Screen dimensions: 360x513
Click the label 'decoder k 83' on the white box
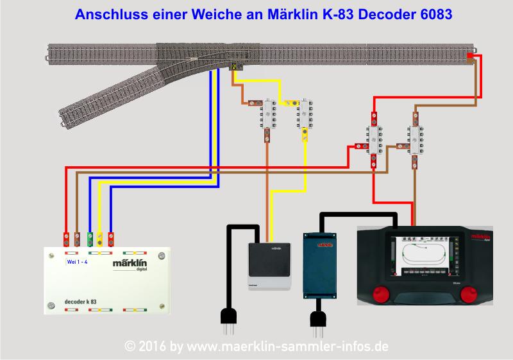pos(81,300)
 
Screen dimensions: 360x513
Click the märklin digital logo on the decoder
pos(133,264)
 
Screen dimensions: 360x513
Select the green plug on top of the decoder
pos(89,239)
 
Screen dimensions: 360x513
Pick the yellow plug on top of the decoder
pos(101,239)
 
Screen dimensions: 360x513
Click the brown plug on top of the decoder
pos(78,239)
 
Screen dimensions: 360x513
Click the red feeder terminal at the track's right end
pos(470,56)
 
